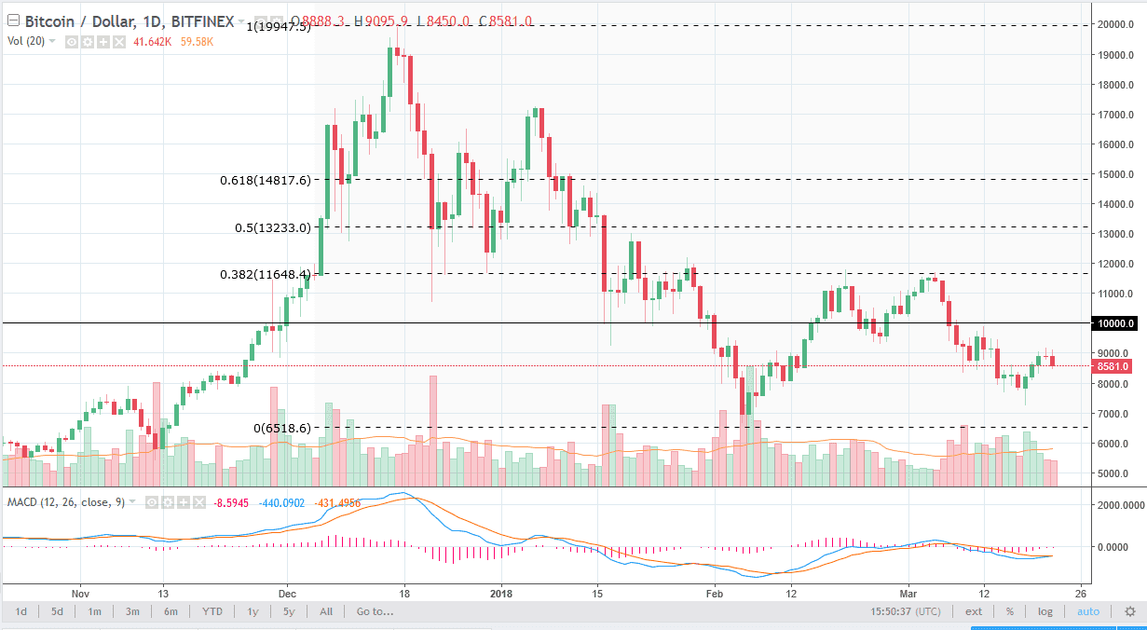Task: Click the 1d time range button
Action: tap(21, 611)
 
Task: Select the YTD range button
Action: tap(212, 611)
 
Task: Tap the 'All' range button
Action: tap(325, 611)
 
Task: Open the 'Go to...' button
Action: tap(375, 611)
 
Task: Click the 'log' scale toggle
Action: tap(1045, 611)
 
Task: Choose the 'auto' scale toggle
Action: tap(1087, 611)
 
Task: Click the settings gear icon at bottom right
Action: tap(1129, 611)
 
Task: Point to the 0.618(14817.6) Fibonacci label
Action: tap(266, 180)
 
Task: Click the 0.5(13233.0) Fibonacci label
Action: tap(272, 226)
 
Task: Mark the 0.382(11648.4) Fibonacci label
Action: tap(266, 274)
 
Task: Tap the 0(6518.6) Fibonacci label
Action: tap(282, 428)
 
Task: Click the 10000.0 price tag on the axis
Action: tap(1114, 323)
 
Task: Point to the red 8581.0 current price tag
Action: tap(1113, 366)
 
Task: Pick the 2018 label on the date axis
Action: tap(501, 593)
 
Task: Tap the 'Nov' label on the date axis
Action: tap(79, 593)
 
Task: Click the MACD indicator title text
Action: tap(64, 501)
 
